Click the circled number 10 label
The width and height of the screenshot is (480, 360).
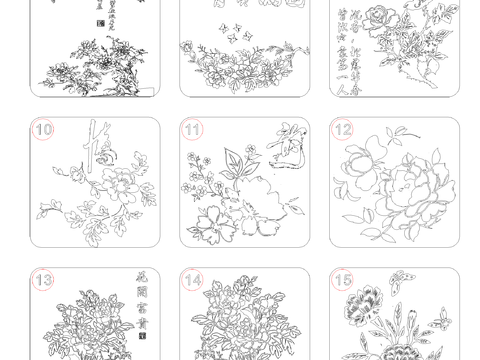point(43,129)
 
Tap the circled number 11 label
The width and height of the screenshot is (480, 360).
point(193,129)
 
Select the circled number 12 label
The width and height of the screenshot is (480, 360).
point(343,129)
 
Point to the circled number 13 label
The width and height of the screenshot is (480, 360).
point(43,280)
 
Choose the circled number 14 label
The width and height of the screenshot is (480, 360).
point(193,280)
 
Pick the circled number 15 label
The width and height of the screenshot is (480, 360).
point(343,280)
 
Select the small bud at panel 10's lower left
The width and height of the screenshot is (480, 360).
point(45,212)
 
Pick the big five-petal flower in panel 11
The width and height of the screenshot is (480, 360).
point(214,225)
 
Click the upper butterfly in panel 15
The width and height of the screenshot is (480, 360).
point(396,279)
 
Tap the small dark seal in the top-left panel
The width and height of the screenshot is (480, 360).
point(98,20)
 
